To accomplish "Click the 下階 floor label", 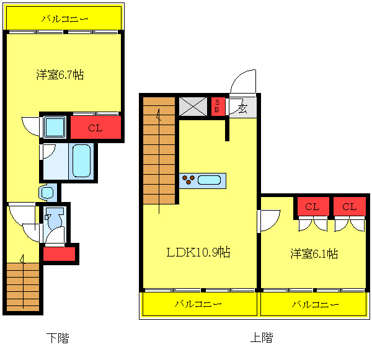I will pyautogui.click(x=58, y=338).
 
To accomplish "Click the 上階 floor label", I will pyautogui.click(x=261, y=338).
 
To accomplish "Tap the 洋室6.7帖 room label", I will pyautogui.click(x=60, y=75).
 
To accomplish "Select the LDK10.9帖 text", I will pyautogui.click(x=198, y=252).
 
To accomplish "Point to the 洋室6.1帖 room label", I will pyautogui.click(x=314, y=253).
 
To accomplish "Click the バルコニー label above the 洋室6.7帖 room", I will pyautogui.click(x=64, y=19).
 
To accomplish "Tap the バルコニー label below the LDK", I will pyautogui.click(x=198, y=304).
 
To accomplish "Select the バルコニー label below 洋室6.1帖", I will pyautogui.click(x=315, y=304).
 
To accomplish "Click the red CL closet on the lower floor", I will pyautogui.click(x=95, y=128).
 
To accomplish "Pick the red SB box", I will pyautogui.click(x=218, y=106).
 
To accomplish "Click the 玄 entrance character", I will pyautogui.click(x=242, y=109).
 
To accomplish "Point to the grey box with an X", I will pyautogui.click(x=193, y=106).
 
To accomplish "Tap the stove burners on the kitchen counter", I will pyautogui.click(x=188, y=180).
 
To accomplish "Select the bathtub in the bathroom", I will pyautogui.click(x=82, y=161).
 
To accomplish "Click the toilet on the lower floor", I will pyautogui.click(x=53, y=218).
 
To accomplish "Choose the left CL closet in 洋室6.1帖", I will pyautogui.click(x=311, y=206).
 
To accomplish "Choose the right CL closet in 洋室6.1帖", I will pyautogui.click(x=349, y=206).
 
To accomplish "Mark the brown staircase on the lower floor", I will pyautogui.click(x=24, y=286).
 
